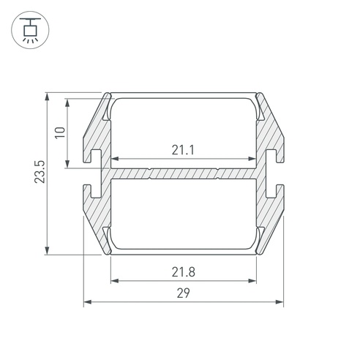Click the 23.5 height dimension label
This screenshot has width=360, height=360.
pos(40,172)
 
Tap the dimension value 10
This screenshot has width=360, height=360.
pos(60,132)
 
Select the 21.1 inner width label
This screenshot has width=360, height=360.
pos(183,150)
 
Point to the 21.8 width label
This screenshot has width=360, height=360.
pos(184,272)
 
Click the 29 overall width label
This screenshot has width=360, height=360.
pos(184,293)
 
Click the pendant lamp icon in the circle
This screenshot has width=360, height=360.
pos(30,30)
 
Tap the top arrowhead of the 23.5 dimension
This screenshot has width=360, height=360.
pos(47,97)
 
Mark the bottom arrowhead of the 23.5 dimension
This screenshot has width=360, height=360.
pos(47,251)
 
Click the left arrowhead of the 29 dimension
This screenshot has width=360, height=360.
pos(88,302)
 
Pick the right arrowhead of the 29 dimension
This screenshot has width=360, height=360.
pos(280,302)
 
